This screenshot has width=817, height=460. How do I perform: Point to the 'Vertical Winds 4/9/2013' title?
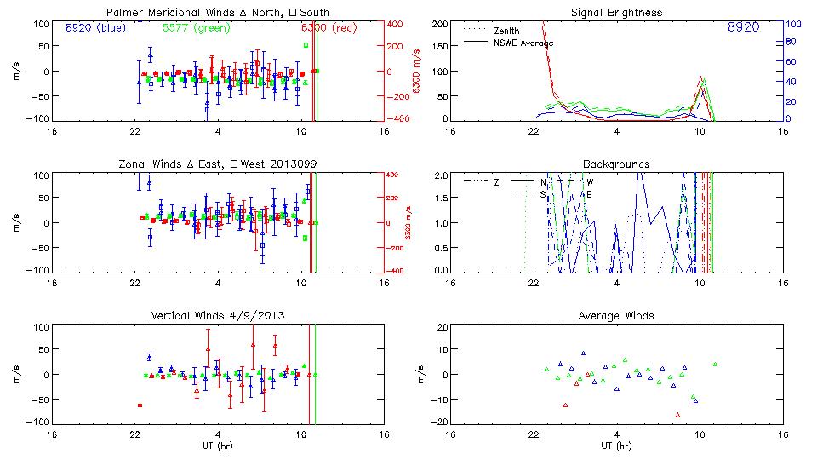(217, 316)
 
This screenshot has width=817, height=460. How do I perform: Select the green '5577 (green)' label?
(190, 27)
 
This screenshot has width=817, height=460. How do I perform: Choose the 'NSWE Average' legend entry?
(523, 43)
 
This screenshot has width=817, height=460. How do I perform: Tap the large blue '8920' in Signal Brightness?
(743, 28)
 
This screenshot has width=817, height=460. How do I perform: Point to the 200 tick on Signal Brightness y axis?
(440, 24)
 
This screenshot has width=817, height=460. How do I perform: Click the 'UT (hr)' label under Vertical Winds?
(217, 446)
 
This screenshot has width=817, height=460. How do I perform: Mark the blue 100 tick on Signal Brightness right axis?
(790, 24)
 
